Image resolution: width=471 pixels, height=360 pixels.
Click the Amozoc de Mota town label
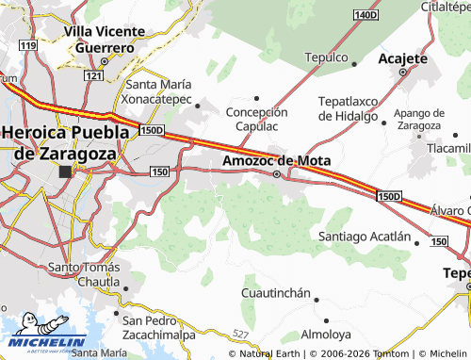[276, 160]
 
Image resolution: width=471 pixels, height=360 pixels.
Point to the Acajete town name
[402, 57]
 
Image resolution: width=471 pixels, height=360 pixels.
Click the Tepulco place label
[327, 57]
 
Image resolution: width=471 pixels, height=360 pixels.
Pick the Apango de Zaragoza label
[419, 119]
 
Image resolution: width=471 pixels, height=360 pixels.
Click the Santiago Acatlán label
[365, 236]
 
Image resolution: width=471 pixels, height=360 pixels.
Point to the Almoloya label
[325, 335]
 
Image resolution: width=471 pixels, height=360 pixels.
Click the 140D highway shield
[365, 15]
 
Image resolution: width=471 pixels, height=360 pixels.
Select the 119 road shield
[29, 45]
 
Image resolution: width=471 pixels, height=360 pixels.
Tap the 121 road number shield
[92, 74]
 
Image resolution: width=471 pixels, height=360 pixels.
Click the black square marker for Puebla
[65, 172]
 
